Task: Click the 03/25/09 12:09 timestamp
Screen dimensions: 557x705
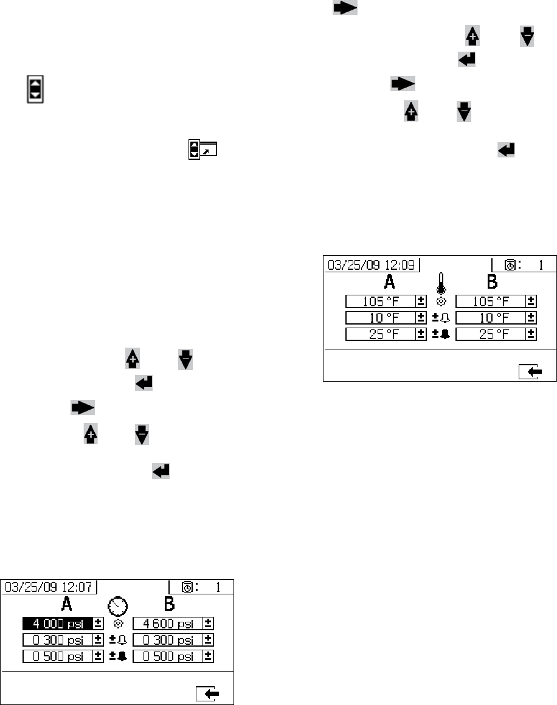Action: click(372, 264)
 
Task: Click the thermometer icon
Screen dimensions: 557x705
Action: click(441, 284)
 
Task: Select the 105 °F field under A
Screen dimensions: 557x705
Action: click(380, 301)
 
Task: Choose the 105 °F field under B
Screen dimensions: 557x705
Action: click(490, 301)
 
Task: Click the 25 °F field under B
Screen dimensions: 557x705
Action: click(490, 334)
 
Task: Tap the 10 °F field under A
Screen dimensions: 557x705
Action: click(380, 317)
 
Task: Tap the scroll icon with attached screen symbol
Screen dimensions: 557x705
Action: click(204, 148)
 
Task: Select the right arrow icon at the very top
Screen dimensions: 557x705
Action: click(345, 7)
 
